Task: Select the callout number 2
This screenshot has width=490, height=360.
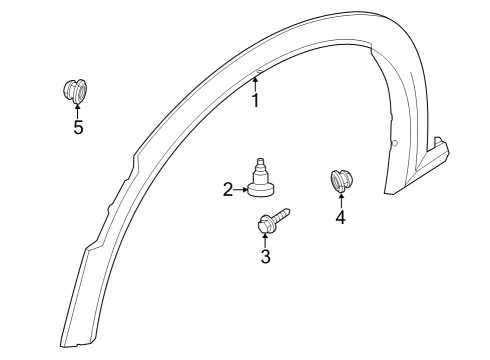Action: click(228, 188)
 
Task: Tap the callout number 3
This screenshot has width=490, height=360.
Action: click(265, 257)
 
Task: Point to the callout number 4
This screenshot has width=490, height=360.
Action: click(341, 216)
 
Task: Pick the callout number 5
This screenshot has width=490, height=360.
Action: click(77, 127)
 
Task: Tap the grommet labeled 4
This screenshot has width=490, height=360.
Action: click(341, 182)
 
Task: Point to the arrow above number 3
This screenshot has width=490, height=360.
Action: click(265, 240)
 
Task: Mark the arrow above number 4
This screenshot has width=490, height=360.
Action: click(341, 200)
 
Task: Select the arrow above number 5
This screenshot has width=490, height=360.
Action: click(77, 110)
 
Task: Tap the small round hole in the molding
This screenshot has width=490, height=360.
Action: click(394, 144)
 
